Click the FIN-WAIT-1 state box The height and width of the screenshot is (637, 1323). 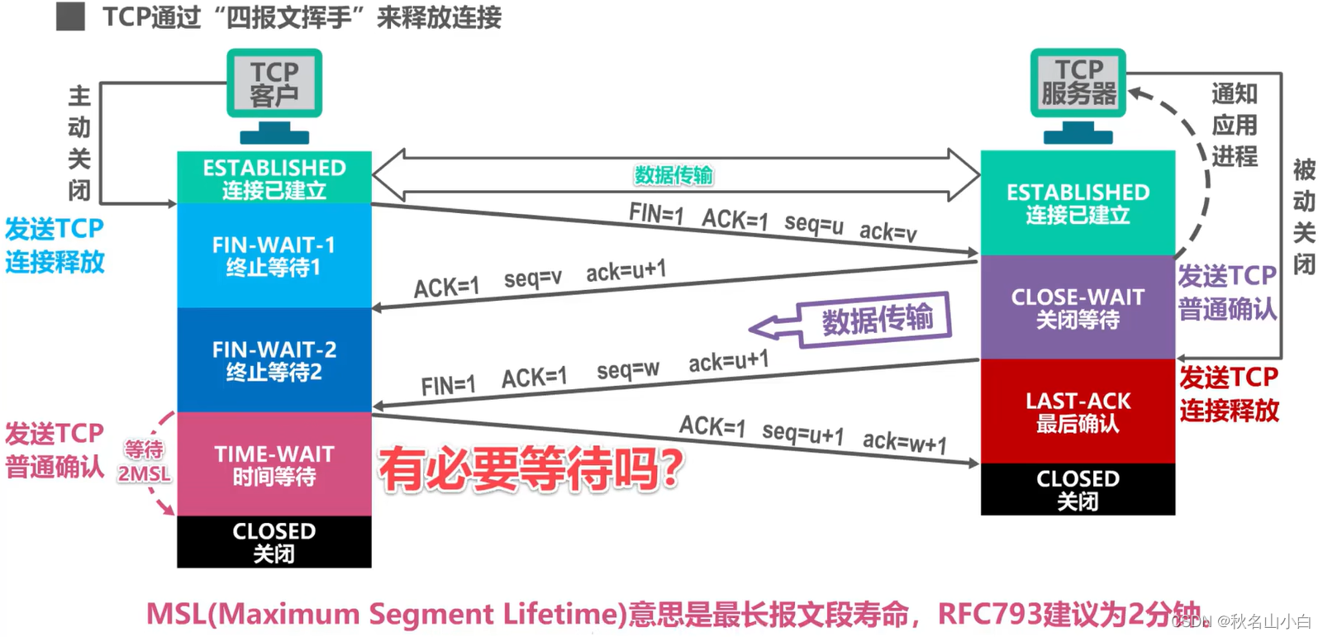(x=274, y=255)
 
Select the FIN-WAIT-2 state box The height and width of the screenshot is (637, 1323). (x=274, y=360)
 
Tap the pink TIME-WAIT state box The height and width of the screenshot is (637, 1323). (x=274, y=464)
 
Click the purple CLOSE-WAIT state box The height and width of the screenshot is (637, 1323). (x=1078, y=307)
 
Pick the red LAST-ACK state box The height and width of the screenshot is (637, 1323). (x=1078, y=411)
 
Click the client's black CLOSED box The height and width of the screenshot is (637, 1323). (x=274, y=542)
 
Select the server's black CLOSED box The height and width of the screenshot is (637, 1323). (x=1078, y=489)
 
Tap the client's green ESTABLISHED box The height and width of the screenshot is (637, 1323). (x=274, y=178)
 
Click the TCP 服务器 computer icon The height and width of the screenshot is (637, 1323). (x=1078, y=92)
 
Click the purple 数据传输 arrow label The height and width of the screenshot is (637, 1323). (x=876, y=319)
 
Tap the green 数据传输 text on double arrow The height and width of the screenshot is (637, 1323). (x=673, y=175)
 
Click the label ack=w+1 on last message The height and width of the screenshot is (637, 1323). (x=905, y=443)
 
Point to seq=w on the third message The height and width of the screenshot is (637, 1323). (x=628, y=370)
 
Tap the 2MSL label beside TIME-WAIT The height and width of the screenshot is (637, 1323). (x=144, y=474)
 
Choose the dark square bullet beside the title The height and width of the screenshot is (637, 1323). (x=71, y=17)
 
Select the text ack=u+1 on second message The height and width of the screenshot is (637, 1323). (x=626, y=271)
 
